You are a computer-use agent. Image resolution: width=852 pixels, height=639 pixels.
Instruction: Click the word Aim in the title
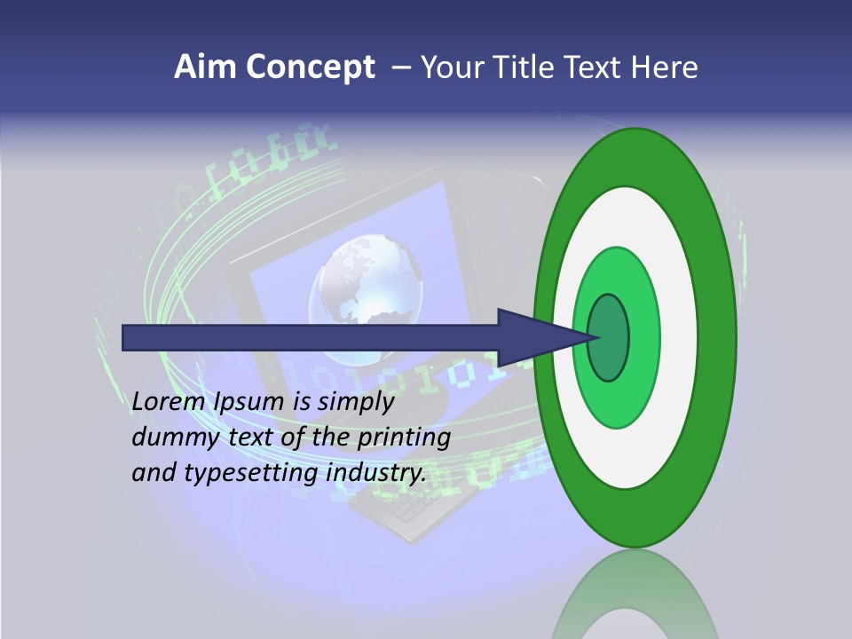tap(206, 67)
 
